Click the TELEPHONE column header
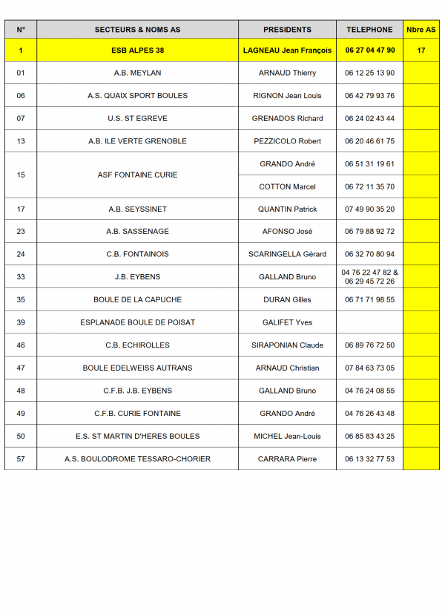[369, 30]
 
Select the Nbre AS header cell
[421, 30]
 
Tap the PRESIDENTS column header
[287, 30]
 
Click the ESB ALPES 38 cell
[137, 51]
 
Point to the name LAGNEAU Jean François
[287, 51]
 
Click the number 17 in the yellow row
[421, 51]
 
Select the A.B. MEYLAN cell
[137, 73]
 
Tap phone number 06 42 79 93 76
[369, 96]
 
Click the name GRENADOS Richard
[287, 119]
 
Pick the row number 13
[21, 141]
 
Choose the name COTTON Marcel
[287, 187]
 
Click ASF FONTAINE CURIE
[137, 175]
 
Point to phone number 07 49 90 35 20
[369, 209]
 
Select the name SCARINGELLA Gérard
[287, 254]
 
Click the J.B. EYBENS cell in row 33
[137, 277]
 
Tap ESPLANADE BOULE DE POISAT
[137, 322]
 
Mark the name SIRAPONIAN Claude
[287, 345]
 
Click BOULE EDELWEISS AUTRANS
[137, 368]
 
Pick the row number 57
[21, 459]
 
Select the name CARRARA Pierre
[287, 459]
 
